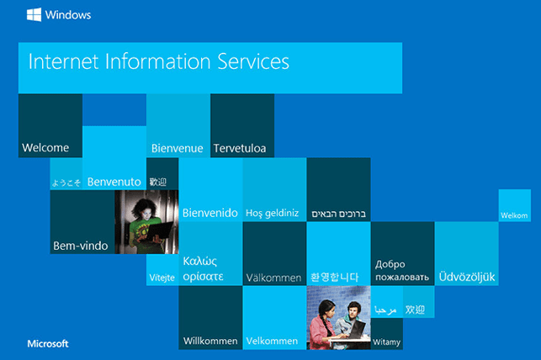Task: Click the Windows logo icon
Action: point(34,14)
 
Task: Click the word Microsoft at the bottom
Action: point(48,343)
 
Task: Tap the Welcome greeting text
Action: point(45,147)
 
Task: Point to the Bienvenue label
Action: point(177,148)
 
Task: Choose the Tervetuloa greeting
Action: point(240,148)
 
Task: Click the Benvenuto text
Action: point(114,182)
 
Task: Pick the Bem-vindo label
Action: point(81,246)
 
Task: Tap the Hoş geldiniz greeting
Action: point(273,213)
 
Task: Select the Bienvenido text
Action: point(210,213)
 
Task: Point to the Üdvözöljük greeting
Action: point(467,277)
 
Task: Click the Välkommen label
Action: point(274,278)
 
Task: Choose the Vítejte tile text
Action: point(162,278)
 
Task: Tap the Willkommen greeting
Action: point(210,341)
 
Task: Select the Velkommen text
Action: point(272,341)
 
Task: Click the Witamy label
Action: point(386,342)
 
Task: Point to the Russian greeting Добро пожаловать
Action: point(402,271)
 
